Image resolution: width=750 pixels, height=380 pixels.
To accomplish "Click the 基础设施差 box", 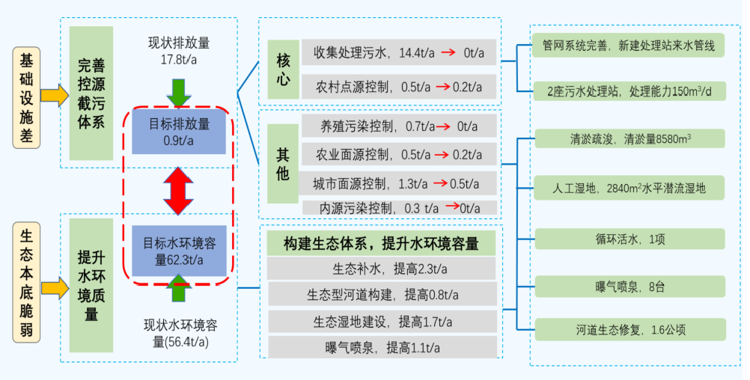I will (x=26, y=96).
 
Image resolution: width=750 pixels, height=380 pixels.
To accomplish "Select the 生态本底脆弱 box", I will (x=26, y=285).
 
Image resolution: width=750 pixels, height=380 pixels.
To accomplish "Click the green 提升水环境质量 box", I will (x=91, y=285).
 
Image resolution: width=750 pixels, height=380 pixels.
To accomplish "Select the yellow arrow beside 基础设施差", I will (x=54, y=96).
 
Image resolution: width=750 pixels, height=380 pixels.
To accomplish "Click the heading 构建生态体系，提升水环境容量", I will (x=382, y=243).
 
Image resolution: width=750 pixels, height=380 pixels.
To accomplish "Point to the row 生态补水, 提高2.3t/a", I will (x=382, y=268).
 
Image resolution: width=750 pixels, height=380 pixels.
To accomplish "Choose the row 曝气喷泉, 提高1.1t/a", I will (x=382, y=347).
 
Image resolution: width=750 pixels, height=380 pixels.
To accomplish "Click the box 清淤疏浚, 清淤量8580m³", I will (x=629, y=138).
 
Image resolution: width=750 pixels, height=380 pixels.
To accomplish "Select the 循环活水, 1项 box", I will (x=629, y=239).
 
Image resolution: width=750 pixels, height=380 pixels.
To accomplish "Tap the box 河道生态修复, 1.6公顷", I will (x=629, y=329).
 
